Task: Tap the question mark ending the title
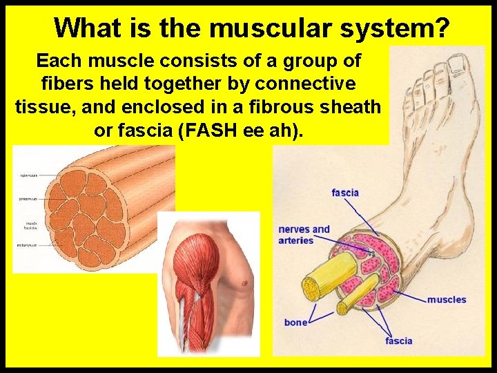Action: [442, 28]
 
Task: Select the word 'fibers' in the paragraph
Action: [63, 84]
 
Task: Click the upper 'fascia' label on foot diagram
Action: [345, 192]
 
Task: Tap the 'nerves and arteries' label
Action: [304, 235]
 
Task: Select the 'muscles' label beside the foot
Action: [446, 300]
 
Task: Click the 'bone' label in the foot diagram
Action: [295, 323]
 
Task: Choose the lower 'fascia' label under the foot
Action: [398, 341]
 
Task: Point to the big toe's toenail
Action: [457, 66]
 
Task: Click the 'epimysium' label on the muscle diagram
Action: [29, 175]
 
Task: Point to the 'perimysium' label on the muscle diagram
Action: [29, 199]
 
